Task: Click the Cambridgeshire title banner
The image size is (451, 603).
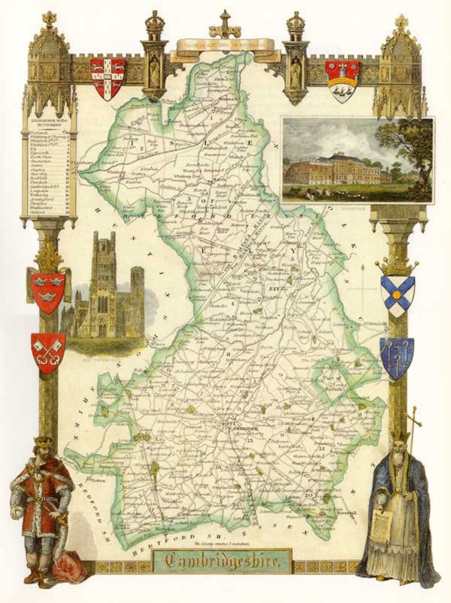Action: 223,562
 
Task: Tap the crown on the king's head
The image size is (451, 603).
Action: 44,441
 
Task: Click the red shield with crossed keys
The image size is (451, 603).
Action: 48,352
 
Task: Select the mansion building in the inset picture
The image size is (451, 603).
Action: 335,170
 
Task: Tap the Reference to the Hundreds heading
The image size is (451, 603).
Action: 48,127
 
